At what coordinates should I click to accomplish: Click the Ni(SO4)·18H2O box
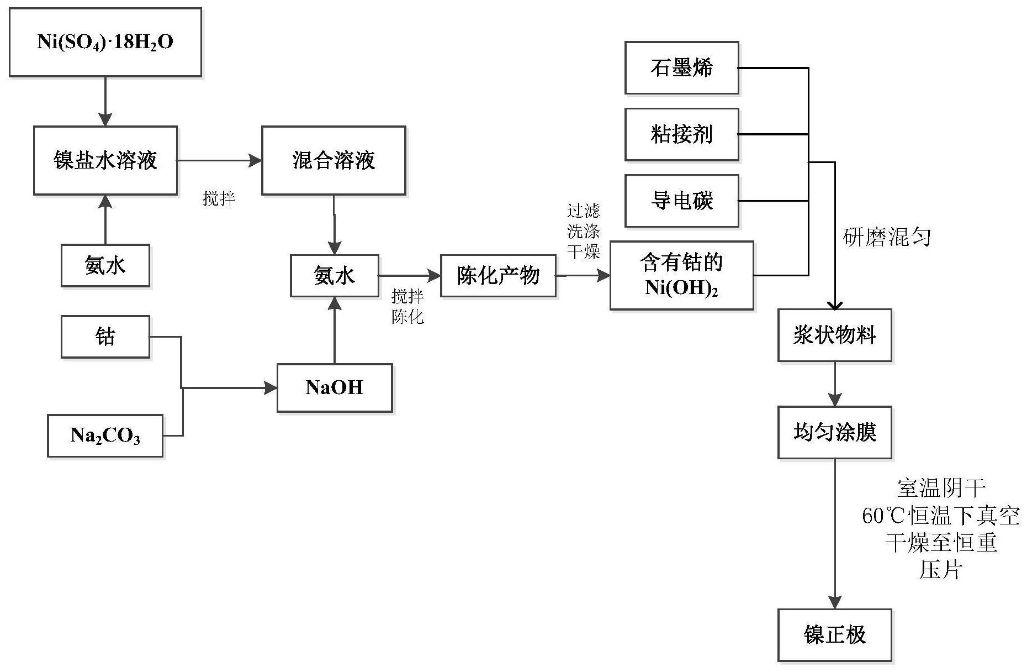[105, 43]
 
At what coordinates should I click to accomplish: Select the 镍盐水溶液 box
[105, 161]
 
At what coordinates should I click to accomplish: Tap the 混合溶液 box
[333, 161]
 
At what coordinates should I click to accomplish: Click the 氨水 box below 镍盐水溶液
[105, 266]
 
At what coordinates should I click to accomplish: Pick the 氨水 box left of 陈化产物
[335, 276]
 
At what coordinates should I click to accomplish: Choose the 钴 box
[105, 337]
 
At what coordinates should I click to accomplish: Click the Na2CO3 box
[105, 436]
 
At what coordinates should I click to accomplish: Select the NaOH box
[335, 388]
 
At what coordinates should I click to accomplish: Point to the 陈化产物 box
[498, 276]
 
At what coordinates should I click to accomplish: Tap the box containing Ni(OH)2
[681, 275]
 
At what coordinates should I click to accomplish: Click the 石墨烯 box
[681, 68]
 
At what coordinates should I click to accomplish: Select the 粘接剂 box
[681, 134]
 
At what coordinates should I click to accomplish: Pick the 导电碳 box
[681, 201]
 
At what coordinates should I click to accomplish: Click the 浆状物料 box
[834, 335]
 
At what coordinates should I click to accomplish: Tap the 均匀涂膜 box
[834, 433]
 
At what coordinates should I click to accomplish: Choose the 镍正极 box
[834, 635]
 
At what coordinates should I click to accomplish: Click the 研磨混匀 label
[887, 237]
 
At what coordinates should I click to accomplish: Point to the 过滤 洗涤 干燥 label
[583, 231]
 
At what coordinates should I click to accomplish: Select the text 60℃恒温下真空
[940, 516]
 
